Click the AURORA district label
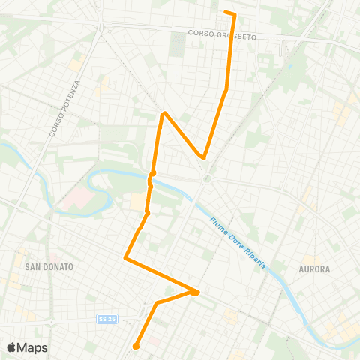[x=314, y=268]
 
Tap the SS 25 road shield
[x=106, y=319]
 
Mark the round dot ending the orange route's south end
[x=136, y=346]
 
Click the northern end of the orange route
[x=226, y=12]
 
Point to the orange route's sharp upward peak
[x=163, y=113]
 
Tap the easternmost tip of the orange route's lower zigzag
[x=198, y=292]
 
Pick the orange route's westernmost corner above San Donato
[x=124, y=258]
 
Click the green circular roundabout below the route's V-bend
[x=205, y=178]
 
